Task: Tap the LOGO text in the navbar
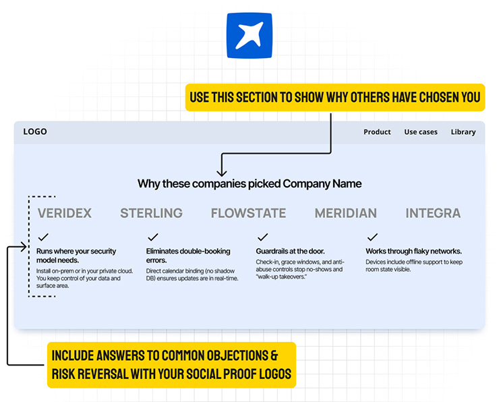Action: (x=35, y=132)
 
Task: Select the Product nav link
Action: (x=377, y=132)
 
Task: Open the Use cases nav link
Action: (x=421, y=132)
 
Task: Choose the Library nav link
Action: (x=463, y=132)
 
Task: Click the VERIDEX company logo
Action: (x=65, y=213)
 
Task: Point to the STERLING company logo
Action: (x=151, y=213)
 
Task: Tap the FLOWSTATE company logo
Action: (x=248, y=213)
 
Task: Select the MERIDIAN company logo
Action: (x=345, y=213)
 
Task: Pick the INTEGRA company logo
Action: (x=433, y=213)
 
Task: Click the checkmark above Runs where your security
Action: (x=43, y=237)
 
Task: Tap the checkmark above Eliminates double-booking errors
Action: (x=152, y=237)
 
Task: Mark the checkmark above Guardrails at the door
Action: (x=262, y=237)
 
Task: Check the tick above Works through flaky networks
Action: (x=372, y=237)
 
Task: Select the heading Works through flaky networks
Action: (x=413, y=252)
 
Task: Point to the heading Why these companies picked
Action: (x=249, y=183)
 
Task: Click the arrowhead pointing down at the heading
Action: (x=221, y=173)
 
